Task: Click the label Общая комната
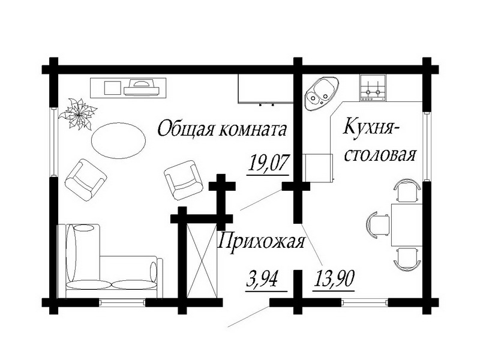click(220, 128)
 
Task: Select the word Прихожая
click(261, 242)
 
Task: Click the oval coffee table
click(118, 140)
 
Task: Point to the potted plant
click(77, 112)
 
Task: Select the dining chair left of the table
click(378, 224)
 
